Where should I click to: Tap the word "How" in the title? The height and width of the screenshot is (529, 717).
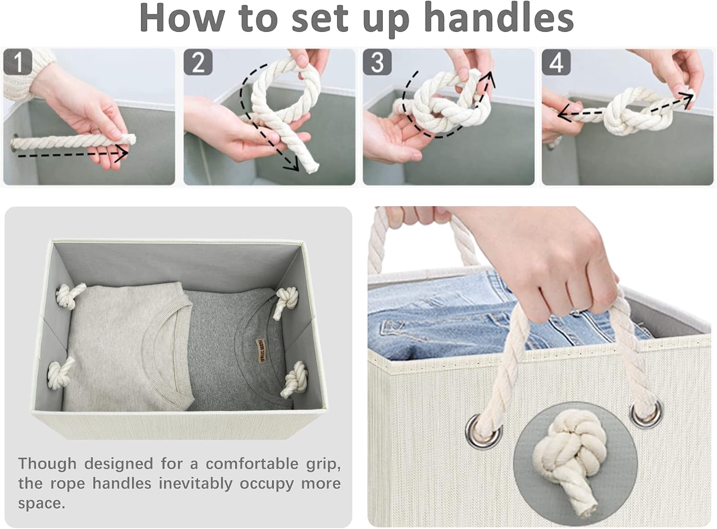(x=182, y=18)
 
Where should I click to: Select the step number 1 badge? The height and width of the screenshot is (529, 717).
(x=18, y=62)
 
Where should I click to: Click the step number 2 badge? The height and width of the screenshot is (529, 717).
(x=198, y=62)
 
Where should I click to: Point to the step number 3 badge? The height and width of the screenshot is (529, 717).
(x=377, y=62)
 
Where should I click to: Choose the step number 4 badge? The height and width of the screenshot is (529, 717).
(x=556, y=62)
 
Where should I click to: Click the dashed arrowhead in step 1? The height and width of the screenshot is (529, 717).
(x=121, y=153)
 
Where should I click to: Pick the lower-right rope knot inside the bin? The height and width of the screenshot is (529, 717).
(x=294, y=380)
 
